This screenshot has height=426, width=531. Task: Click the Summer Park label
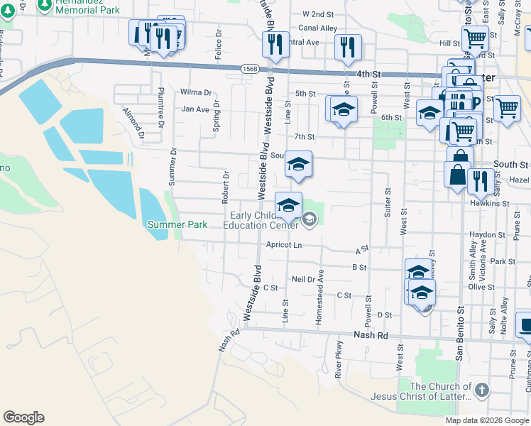tap(177, 224)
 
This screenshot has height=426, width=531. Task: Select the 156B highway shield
tap(248, 69)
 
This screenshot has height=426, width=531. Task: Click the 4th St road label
tap(368, 74)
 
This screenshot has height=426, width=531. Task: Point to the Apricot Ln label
tap(284, 245)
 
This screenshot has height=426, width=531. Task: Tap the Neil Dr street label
tap(303, 279)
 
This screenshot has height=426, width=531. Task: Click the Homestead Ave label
tap(319, 298)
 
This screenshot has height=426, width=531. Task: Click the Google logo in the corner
tap(23, 417)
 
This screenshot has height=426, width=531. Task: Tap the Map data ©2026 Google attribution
tap(486, 420)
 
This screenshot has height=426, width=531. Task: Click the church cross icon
tap(481, 390)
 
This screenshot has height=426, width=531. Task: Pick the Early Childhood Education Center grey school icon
tap(309, 220)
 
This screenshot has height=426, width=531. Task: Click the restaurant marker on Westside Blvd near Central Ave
tap(275, 44)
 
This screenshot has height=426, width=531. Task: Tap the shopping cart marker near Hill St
tap(474, 37)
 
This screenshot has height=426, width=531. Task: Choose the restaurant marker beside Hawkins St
tap(481, 181)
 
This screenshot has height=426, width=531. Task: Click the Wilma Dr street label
tap(197, 92)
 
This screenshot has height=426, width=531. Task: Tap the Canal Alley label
tap(318, 28)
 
